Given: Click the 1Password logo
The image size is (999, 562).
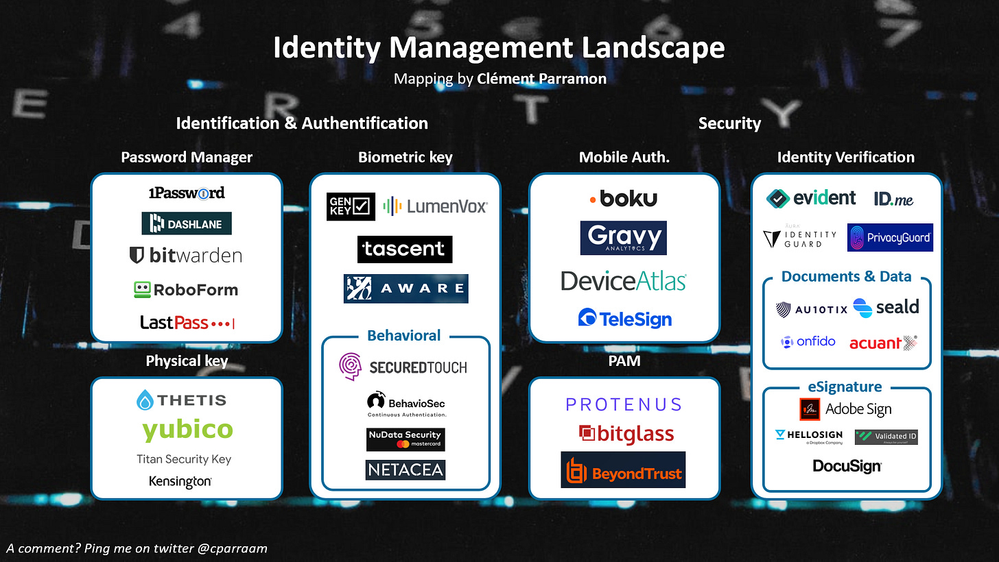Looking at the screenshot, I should click(x=187, y=193).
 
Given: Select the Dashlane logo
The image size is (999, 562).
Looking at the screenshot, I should click(x=187, y=223).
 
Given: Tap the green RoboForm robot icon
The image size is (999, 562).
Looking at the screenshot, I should click(x=142, y=289).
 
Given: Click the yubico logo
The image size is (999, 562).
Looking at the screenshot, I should click(x=187, y=430).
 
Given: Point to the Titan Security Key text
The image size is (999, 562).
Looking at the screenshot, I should click(x=184, y=459).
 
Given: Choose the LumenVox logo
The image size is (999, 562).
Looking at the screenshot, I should click(x=436, y=206).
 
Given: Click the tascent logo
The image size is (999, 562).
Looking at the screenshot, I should click(x=405, y=249).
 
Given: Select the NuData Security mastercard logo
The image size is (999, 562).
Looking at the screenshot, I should click(x=405, y=439).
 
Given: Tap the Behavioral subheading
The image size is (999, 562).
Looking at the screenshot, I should click(x=404, y=335).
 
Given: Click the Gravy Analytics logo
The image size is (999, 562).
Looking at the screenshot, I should click(x=624, y=238).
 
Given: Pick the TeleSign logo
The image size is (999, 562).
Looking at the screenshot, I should click(x=624, y=318).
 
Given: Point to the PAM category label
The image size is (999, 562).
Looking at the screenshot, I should click(x=624, y=361).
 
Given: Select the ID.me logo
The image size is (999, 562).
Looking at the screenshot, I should click(x=893, y=199).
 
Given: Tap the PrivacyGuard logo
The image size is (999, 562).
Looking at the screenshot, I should click(x=890, y=237).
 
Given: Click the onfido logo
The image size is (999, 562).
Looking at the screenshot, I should click(x=808, y=341).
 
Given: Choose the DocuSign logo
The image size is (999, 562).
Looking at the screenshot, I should click(x=847, y=466).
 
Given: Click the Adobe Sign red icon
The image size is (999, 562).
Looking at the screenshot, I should click(x=810, y=409).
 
